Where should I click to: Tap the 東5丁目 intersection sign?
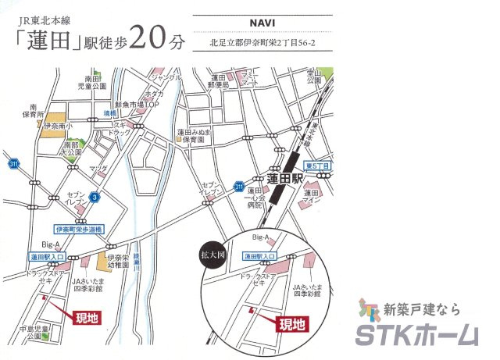[318, 166]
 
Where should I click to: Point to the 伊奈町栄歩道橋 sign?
[80, 229]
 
